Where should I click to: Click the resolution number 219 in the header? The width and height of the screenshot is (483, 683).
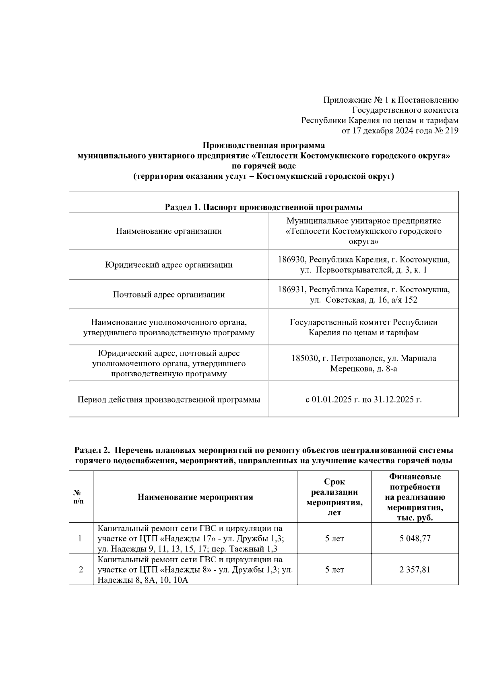click(x=452, y=130)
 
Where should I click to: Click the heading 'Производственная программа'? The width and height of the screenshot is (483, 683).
click(x=263, y=145)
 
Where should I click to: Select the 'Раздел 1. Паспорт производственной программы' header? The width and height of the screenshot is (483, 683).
click(x=263, y=207)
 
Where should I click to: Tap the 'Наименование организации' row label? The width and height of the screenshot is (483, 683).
click(x=169, y=231)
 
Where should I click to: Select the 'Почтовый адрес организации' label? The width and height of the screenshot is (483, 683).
click(x=169, y=295)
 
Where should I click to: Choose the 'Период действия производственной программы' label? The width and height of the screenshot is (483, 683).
click(x=169, y=400)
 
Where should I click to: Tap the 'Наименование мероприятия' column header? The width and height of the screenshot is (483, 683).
click(x=195, y=497)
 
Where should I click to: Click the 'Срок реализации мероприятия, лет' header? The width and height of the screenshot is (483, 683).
click(x=334, y=497)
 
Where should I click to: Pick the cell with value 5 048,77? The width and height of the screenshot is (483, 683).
click(x=415, y=539)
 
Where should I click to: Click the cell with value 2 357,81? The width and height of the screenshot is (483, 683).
click(x=415, y=570)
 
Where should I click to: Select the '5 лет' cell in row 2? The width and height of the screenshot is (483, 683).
click(x=334, y=570)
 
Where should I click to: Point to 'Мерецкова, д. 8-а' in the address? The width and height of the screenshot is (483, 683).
click(x=363, y=369)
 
